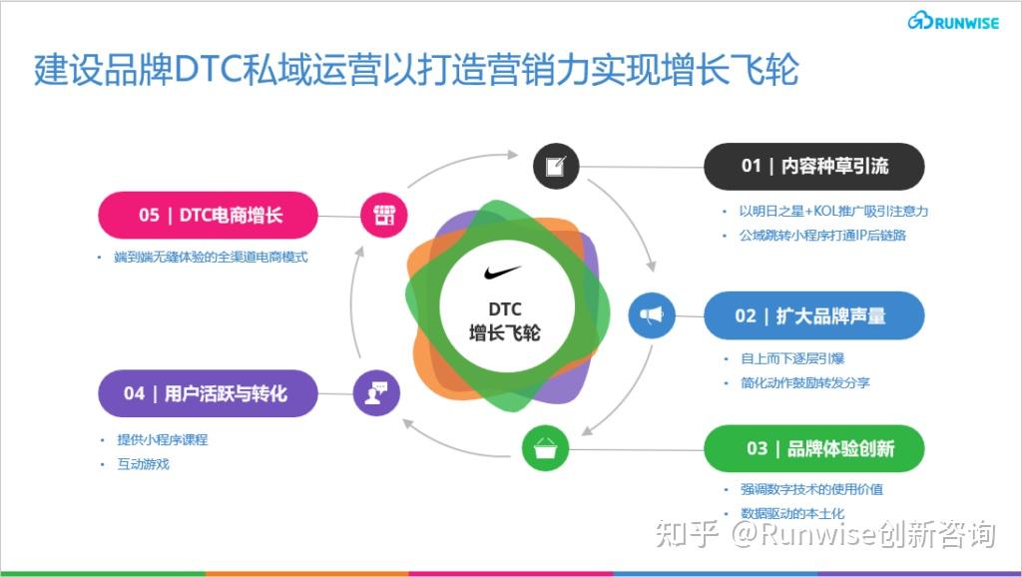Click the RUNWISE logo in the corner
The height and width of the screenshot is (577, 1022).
point(953,20)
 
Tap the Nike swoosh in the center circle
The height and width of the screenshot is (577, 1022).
point(502,272)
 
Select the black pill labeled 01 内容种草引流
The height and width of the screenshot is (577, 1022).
point(814,166)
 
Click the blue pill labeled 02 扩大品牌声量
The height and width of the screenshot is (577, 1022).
point(814,315)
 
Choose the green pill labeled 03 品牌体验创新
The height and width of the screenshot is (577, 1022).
point(814,448)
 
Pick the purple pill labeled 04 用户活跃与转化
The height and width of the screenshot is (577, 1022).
point(208,393)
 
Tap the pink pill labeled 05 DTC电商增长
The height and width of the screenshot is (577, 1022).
point(208,215)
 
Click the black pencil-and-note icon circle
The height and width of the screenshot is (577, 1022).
point(556,166)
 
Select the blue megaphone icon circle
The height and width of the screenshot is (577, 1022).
point(652,315)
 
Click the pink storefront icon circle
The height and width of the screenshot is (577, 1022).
point(383,215)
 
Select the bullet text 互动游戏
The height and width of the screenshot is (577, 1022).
point(144,464)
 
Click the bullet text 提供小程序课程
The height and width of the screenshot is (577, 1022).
point(163,439)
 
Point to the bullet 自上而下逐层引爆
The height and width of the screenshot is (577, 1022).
point(791,358)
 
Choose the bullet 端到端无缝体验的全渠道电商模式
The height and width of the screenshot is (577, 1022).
point(212,258)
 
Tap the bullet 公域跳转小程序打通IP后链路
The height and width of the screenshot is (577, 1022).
point(822,236)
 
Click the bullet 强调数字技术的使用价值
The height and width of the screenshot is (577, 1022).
point(811,489)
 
